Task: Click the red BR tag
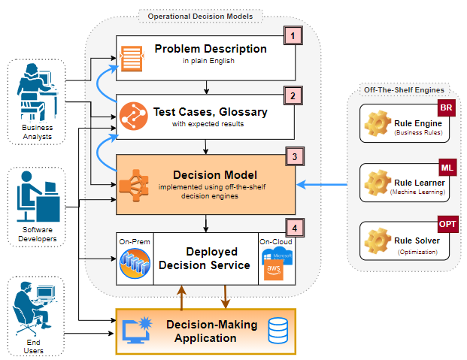[x=445, y=108]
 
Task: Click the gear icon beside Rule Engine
[x=376, y=123]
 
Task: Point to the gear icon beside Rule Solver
[x=376, y=241]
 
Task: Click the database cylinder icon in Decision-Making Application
[x=278, y=330]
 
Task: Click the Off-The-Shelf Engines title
[x=404, y=89]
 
